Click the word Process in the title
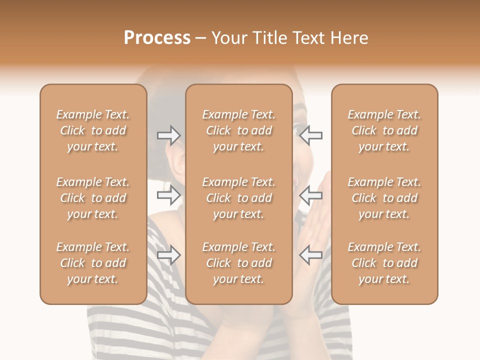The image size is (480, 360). [157, 38]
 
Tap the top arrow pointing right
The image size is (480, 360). [168, 135]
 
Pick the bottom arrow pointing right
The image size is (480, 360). [168, 255]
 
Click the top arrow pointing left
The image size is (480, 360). [311, 135]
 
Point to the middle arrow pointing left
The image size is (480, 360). [311, 195]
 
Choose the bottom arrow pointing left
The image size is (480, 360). [311, 255]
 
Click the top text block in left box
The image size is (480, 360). [93, 130]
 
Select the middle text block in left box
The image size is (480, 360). [93, 198]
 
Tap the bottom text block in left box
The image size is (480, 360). [93, 263]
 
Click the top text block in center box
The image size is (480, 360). [239, 130]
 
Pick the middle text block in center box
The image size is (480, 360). [239, 198]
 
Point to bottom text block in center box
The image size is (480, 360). [239, 263]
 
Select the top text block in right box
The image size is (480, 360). [384, 130]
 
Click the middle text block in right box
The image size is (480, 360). [384, 198]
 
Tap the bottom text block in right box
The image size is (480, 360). [384, 263]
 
